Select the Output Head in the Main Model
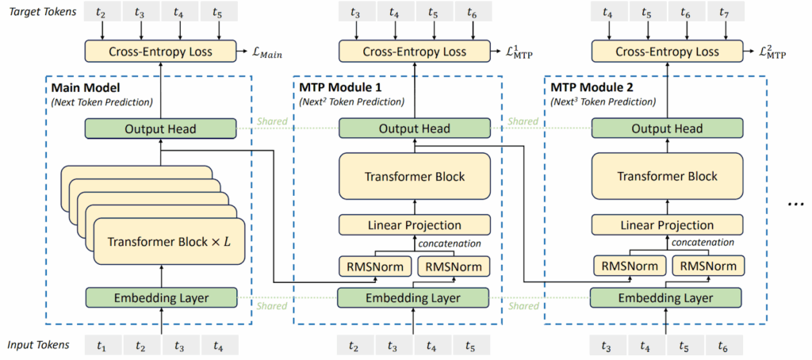click(161, 128)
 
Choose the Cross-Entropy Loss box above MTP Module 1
click(413, 51)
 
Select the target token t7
click(723, 13)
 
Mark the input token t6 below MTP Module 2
click(723, 346)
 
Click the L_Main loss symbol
click(266, 53)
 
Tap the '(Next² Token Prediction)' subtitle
click(351, 101)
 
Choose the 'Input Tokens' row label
click(38, 345)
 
